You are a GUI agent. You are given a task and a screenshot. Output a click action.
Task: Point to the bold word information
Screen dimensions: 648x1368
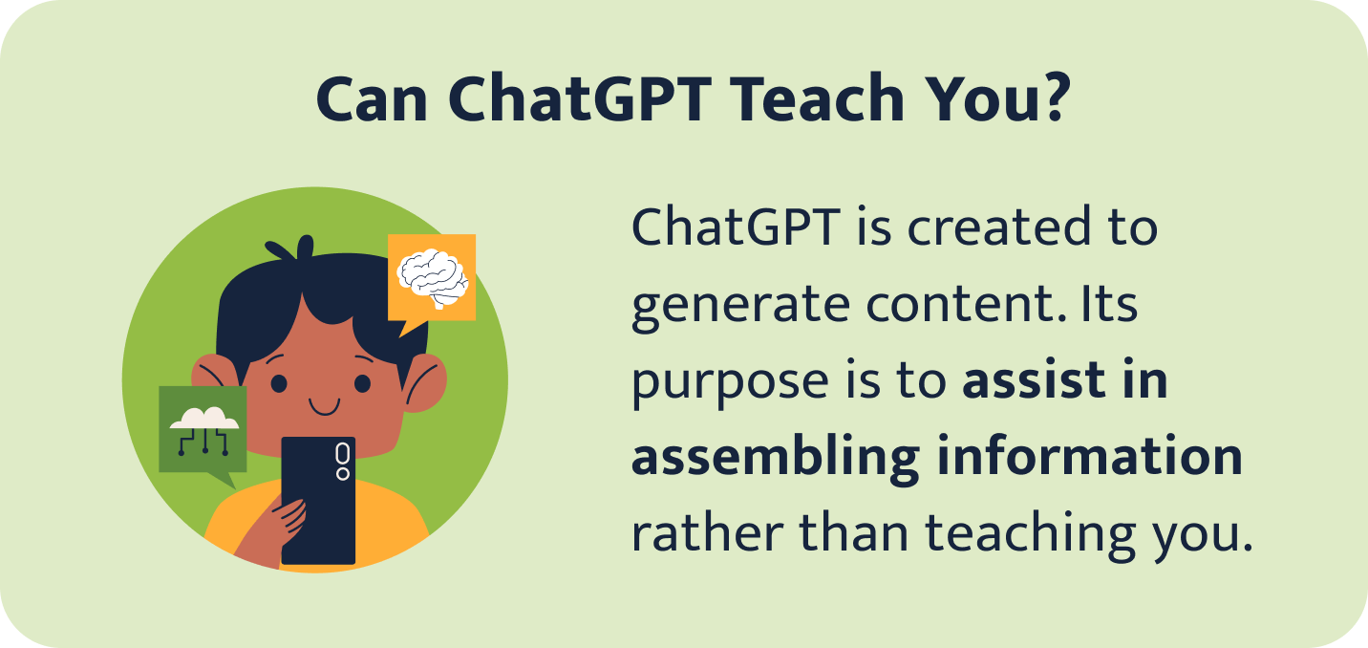(x=1089, y=457)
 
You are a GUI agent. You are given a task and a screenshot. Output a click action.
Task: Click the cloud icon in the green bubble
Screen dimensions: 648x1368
(x=203, y=421)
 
